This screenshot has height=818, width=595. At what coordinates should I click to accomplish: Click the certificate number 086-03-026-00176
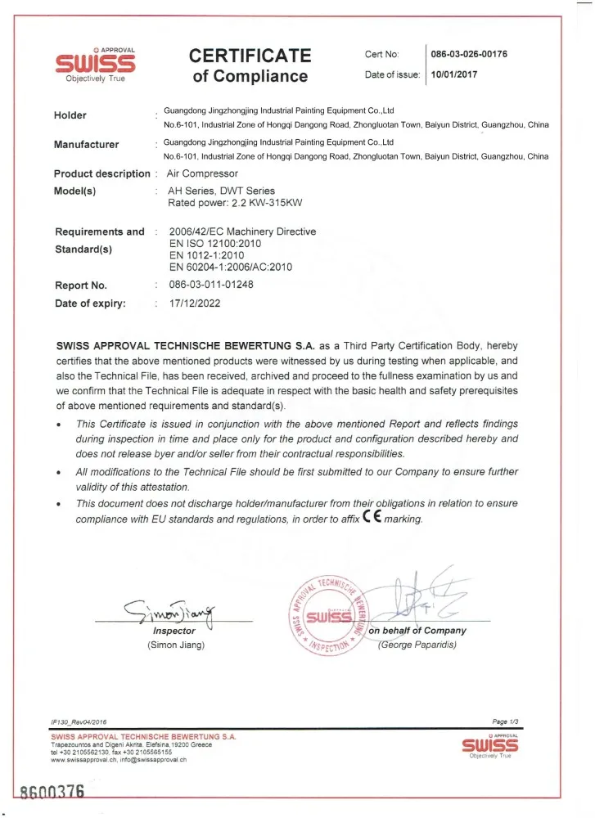click(470, 55)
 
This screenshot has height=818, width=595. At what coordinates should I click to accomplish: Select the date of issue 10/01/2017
click(454, 75)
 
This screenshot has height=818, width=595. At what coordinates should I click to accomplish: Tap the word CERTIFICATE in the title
click(250, 56)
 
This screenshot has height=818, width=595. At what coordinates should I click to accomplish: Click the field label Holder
click(70, 115)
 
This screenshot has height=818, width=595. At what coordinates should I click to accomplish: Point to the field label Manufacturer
click(86, 145)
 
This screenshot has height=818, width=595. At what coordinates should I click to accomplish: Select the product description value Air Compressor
click(202, 173)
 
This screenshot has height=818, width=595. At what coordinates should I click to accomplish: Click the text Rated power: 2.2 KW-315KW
click(231, 203)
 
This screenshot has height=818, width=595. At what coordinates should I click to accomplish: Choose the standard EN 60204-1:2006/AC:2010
click(230, 267)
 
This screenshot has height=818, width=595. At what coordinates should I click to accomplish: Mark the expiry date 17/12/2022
click(194, 303)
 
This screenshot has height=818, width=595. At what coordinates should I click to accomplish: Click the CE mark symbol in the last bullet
click(371, 519)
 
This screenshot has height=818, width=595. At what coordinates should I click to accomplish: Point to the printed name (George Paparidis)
click(417, 645)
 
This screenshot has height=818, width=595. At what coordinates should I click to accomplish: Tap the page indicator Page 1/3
click(506, 721)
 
